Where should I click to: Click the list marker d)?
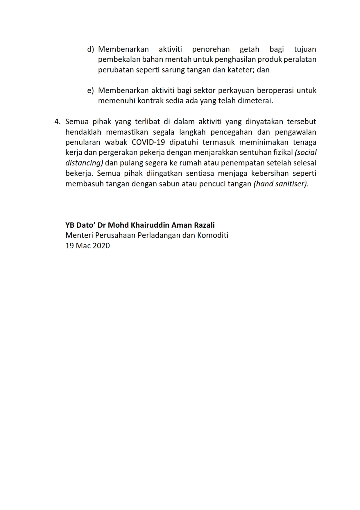click(x=91, y=49)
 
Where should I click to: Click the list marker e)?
click(x=91, y=90)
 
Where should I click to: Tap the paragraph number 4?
click(x=57, y=122)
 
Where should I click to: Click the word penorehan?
click(x=211, y=49)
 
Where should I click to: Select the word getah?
click(x=249, y=49)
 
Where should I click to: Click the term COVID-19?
click(x=150, y=142)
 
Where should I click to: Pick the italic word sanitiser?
click(x=291, y=184)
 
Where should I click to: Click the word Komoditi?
click(x=213, y=235)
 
